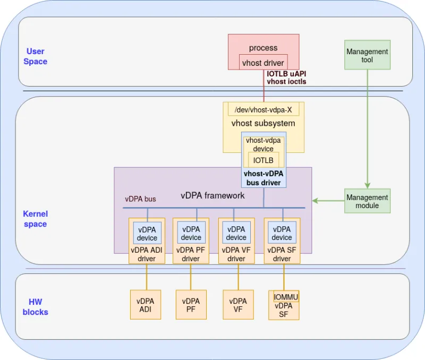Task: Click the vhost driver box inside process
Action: click(263, 63)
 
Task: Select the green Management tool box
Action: click(367, 55)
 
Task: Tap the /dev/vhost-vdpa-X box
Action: click(263, 109)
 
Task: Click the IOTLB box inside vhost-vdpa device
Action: click(263, 160)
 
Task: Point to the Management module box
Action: click(367, 201)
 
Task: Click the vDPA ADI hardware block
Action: click(145, 305)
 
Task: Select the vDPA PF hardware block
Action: click(191, 305)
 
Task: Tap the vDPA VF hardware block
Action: click(237, 305)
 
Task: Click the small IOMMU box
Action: click(286, 296)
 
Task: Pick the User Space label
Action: click(36, 56)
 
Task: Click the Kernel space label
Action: click(35, 219)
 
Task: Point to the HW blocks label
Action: click(36, 307)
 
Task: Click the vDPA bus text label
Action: click(140, 199)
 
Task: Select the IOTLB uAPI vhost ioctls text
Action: click(286, 78)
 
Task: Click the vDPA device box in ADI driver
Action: click(147, 233)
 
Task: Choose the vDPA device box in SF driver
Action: click(282, 233)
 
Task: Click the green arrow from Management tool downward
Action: click(367, 127)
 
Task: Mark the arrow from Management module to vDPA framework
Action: click(328, 201)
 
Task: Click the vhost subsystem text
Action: click(263, 123)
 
